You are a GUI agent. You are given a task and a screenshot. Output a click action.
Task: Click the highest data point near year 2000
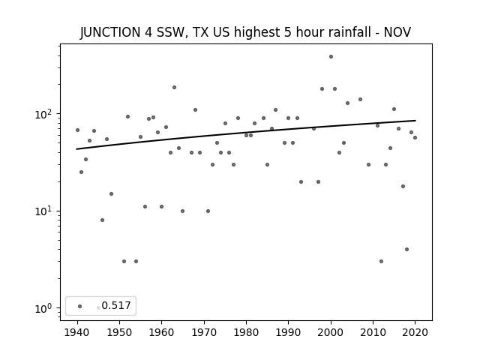(x=331, y=57)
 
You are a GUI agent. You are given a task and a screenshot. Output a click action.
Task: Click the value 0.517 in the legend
(x=116, y=305)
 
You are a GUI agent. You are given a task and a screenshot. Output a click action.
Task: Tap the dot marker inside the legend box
(x=80, y=306)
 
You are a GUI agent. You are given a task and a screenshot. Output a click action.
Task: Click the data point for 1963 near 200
(x=174, y=87)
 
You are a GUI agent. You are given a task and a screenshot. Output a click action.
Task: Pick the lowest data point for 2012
(x=381, y=262)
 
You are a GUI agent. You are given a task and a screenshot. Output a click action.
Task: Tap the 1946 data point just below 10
(x=102, y=220)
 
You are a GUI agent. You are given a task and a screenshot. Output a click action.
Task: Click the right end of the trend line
(x=415, y=121)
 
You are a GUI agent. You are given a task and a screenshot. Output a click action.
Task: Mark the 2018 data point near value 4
(x=406, y=250)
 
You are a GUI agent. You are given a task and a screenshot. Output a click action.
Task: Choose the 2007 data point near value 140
(x=360, y=99)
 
